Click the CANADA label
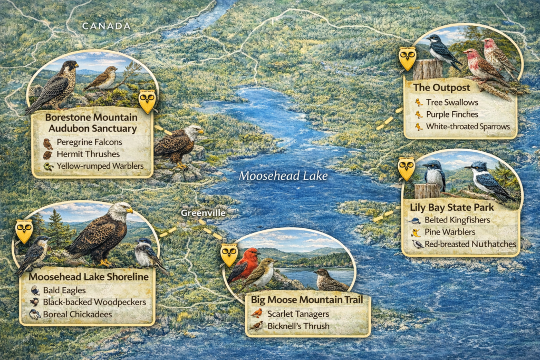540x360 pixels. coord(106,26)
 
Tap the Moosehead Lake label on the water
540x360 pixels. coord(283,176)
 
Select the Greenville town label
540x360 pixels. coord(202,213)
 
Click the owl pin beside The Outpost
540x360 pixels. coord(407,58)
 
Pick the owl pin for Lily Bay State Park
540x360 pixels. coord(406,169)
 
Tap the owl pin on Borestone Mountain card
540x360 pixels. coord(147,101)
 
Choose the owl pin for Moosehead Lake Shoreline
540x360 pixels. coord(24,231)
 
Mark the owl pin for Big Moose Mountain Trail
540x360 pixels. coord(229,254)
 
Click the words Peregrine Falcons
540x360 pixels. coord(90,142)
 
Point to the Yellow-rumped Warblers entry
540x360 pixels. coord(100,167)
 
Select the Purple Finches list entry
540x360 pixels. coord(452,114)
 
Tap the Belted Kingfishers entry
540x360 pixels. coord(457,220)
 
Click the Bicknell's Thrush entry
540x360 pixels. coord(298,326)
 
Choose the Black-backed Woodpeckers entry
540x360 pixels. coord(95,302)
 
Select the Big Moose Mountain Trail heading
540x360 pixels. coord(307,300)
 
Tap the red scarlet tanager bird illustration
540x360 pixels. coord(245,264)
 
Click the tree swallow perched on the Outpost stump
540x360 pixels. coord(441,51)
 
